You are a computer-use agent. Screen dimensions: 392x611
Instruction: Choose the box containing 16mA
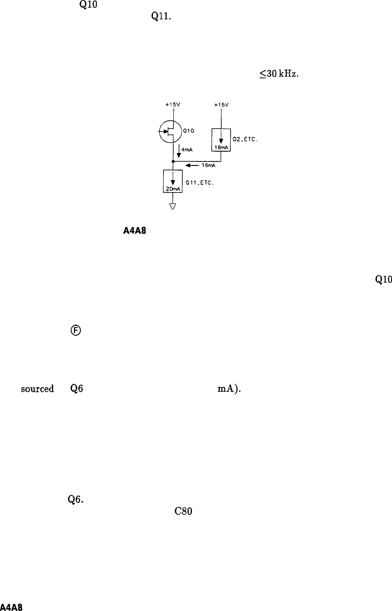point(221,140)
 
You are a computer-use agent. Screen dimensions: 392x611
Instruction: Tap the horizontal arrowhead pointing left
point(189,165)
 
